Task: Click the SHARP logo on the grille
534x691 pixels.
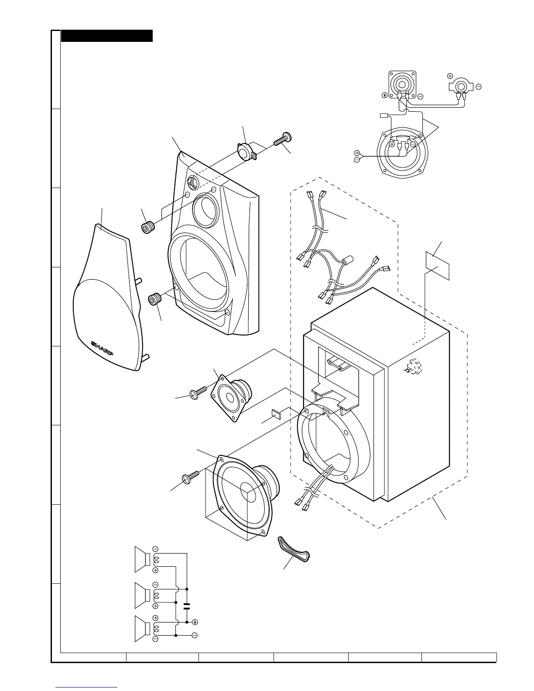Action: tap(102, 347)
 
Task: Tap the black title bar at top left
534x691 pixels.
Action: tap(107, 36)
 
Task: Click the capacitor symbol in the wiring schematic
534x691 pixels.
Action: tap(187, 605)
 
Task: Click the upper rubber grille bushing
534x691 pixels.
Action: tap(148, 227)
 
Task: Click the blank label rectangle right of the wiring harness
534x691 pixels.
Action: tap(437, 265)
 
